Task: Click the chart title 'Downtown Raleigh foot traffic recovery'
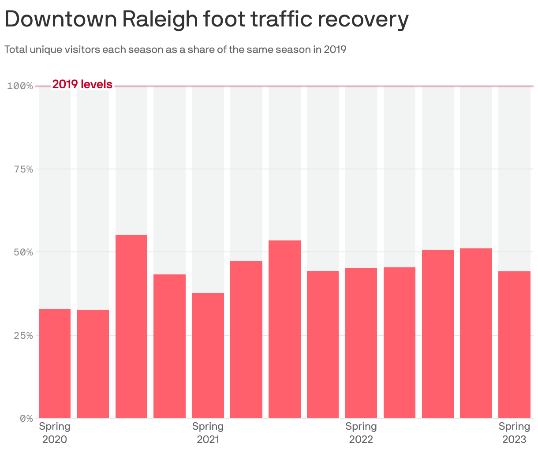click(x=206, y=19)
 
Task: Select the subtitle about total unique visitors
click(x=175, y=49)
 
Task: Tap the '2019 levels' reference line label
click(x=82, y=84)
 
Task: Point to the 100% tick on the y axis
click(x=20, y=86)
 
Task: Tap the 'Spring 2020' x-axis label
click(x=55, y=433)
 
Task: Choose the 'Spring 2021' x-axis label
click(x=208, y=433)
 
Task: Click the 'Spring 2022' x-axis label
click(x=361, y=433)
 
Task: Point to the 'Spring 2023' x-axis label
click(x=514, y=433)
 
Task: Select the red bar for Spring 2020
click(x=55, y=364)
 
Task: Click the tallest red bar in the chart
click(x=131, y=326)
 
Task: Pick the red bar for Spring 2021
click(x=208, y=355)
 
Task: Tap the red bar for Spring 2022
click(x=361, y=343)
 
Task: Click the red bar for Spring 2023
click(x=514, y=345)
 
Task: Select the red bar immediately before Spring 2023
click(x=476, y=333)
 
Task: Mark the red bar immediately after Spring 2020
click(x=93, y=364)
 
